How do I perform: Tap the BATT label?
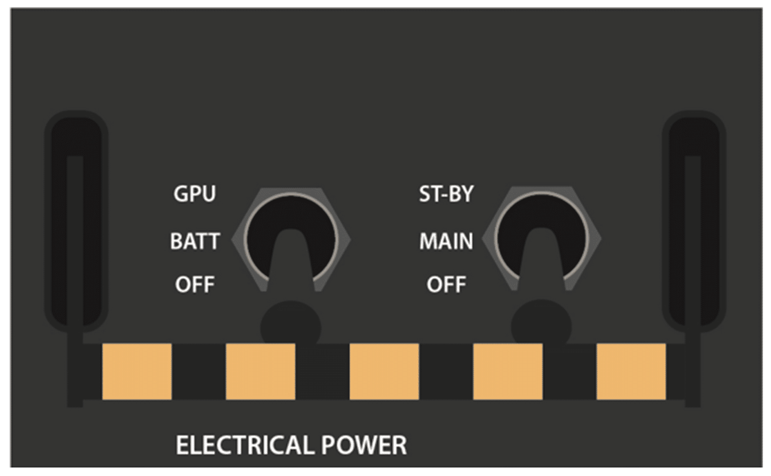click(x=194, y=242)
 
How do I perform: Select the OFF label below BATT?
click(x=195, y=284)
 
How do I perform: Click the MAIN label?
click(x=446, y=242)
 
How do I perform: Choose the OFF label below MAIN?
click(x=446, y=284)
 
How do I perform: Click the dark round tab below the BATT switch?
click(x=291, y=325)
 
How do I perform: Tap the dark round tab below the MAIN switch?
click(x=541, y=325)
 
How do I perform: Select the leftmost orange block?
click(x=137, y=372)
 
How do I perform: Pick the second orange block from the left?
click(x=260, y=372)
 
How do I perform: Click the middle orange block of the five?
click(x=384, y=372)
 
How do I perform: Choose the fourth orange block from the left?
click(x=508, y=372)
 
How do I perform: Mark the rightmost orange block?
click(x=631, y=372)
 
